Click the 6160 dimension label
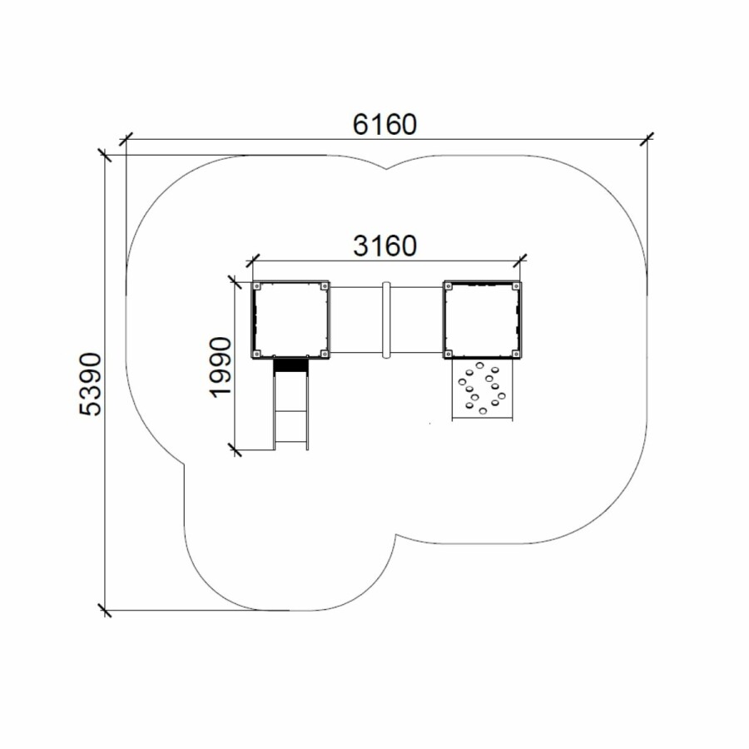(x=384, y=124)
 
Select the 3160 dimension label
(x=384, y=246)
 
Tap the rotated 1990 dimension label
(x=221, y=367)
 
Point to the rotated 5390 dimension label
(x=90, y=384)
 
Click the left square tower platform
(x=290, y=320)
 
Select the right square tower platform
(x=483, y=320)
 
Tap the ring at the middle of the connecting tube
(x=386, y=320)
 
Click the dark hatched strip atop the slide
(x=290, y=365)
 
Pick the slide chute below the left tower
(x=290, y=404)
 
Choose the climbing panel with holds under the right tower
(x=483, y=389)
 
